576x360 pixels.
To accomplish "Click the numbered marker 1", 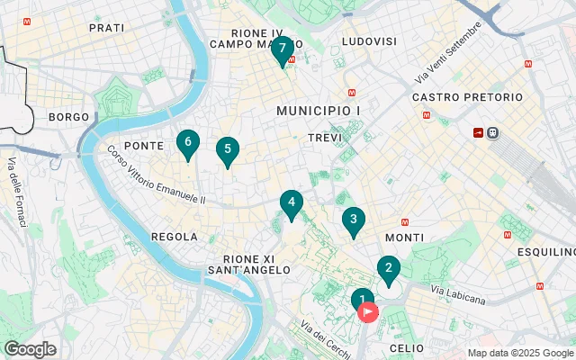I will click(x=362, y=301).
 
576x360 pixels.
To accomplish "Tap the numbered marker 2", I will click(x=388, y=268).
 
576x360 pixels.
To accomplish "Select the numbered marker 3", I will click(x=354, y=219).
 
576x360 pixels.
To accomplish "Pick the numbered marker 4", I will click(x=291, y=202).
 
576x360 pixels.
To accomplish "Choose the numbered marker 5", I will click(x=228, y=149).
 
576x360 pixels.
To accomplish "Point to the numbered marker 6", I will click(x=187, y=142).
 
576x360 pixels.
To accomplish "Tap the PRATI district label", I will click(x=107, y=28).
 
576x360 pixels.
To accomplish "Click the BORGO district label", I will click(x=69, y=117).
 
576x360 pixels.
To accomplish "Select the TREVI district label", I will click(x=326, y=138).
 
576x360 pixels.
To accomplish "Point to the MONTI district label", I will click(x=404, y=237).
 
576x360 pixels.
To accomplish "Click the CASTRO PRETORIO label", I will click(x=467, y=97).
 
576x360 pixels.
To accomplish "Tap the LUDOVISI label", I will click(x=368, y=41).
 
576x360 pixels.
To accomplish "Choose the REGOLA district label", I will click(x=175, y=237).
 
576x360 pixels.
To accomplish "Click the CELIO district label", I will click(x=407, y=347).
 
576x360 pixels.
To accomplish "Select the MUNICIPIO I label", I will click(x=319, y=110).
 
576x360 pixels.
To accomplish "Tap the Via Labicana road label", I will click(x=458, y=294).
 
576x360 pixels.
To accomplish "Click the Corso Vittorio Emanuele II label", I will click(x=157, y=175).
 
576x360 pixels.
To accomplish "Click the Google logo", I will click(x=30, y=349).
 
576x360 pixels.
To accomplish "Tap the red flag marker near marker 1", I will click(x=369, y=312).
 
